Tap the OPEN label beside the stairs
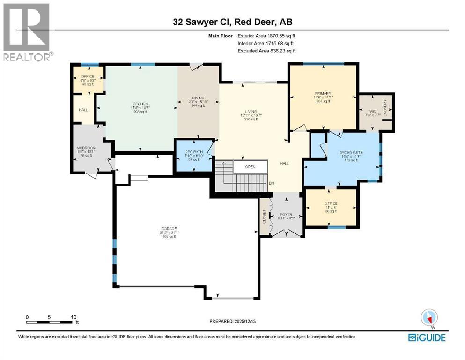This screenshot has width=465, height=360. [251, 166]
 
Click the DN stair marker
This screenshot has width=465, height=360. [271, 183]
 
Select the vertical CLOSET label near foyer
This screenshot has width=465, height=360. [264, 215]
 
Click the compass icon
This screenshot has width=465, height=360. [429, 318]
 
